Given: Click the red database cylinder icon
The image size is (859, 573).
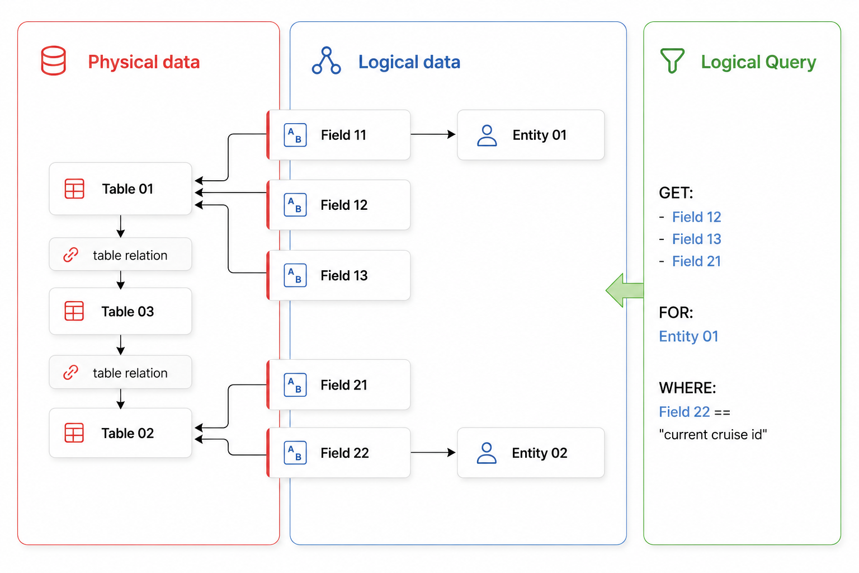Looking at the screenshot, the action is (53, 60).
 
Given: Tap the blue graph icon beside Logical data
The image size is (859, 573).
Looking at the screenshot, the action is (326, 60).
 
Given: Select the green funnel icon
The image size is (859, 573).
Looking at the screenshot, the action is (672, 60).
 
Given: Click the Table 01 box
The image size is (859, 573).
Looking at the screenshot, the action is (120, 189).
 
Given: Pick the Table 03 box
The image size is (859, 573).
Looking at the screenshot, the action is (120, 311).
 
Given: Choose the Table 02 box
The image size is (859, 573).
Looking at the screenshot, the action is (120, 433).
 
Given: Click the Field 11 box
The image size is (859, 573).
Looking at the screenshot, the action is (338, 135).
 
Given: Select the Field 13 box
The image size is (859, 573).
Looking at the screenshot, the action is (338, 275).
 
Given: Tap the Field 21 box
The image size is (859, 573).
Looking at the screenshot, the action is (338, 384).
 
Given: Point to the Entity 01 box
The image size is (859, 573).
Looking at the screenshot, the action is (531, 135).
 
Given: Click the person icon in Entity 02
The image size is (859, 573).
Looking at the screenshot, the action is (487, 453).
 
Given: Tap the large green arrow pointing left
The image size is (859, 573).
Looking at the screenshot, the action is (625, 290).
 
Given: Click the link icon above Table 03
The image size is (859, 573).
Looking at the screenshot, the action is (70, 255).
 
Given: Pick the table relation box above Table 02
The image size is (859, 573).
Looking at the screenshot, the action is (120, 372).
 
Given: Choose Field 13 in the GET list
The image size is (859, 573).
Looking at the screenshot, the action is (696, 239).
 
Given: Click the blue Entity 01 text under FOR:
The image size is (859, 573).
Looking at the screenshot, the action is (688, 336).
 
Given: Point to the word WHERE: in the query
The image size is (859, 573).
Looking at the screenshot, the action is (687, 388).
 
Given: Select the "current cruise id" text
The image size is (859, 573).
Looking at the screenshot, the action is (713, 434).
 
